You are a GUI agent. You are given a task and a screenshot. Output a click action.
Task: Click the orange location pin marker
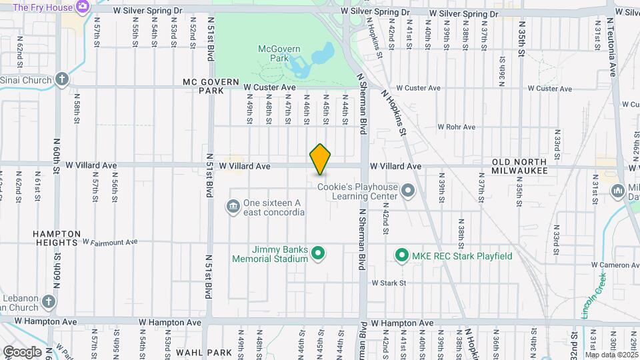coord(320,159)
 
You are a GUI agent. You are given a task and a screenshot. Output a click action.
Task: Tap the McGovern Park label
coord(280,54)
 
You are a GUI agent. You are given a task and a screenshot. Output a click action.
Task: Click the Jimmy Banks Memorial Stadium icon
coord(319,253)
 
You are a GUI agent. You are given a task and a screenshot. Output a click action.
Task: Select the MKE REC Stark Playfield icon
coord(401,255)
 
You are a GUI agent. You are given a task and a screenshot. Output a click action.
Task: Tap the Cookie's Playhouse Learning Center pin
coord(409,192)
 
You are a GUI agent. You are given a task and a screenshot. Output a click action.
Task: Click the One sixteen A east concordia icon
coord(233,205)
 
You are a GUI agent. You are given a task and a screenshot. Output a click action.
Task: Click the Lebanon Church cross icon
coord(48,302)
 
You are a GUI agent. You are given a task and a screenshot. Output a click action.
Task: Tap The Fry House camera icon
coord(83,7)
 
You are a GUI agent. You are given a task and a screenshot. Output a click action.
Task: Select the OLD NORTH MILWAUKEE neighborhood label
coord(520,166)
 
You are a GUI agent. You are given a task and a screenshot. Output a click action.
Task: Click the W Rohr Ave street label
coord(457,127)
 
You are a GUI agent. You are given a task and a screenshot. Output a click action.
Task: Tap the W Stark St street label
coord(389,283)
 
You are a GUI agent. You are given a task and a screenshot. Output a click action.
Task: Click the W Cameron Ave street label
coord(617,265)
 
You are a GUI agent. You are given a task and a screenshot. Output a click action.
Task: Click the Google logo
coord(22,351)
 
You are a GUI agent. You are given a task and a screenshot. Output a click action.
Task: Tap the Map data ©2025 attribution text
coord(611,355)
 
